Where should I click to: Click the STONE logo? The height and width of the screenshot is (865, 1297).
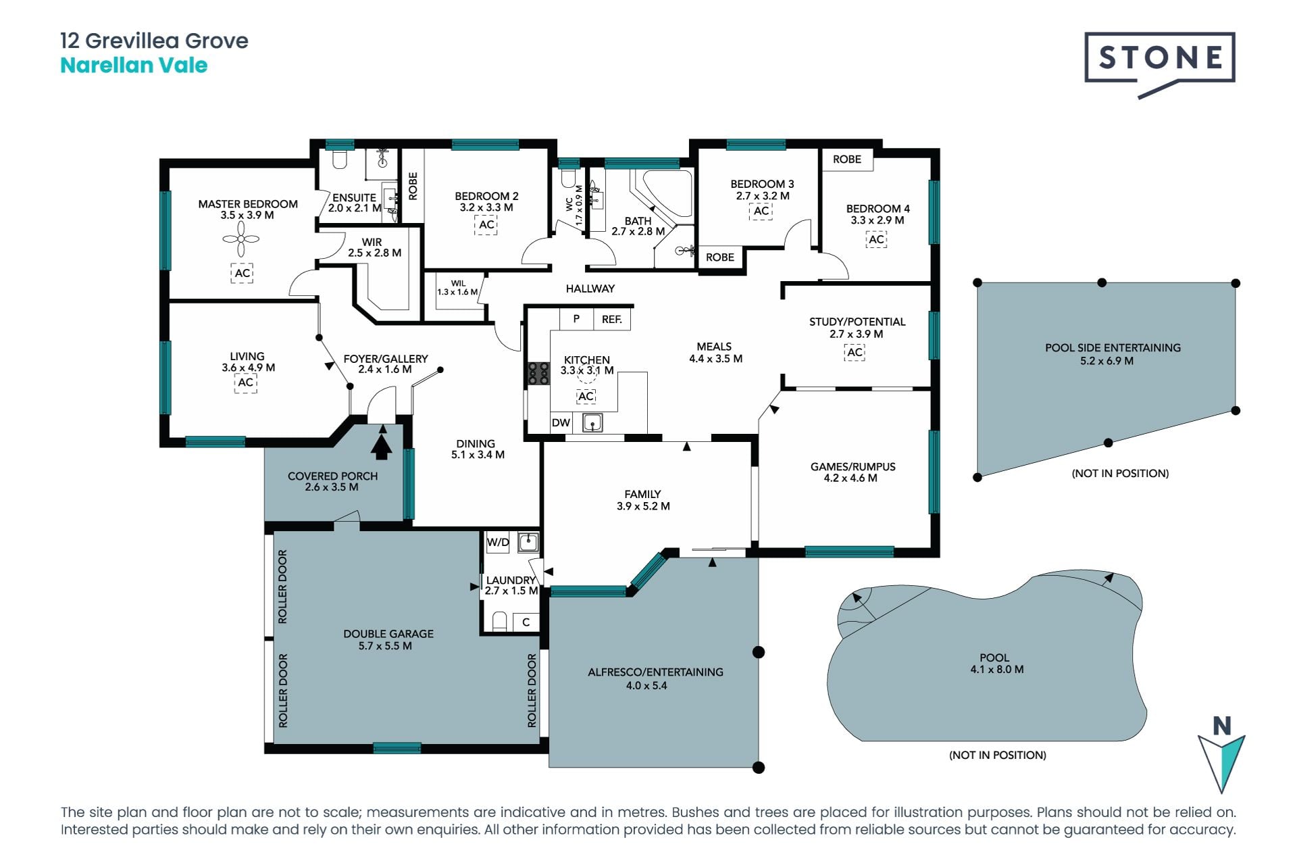[1160, 64]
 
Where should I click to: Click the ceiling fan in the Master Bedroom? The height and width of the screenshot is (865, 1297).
[241, 239]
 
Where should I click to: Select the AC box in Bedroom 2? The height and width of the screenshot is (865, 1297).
[486, 225]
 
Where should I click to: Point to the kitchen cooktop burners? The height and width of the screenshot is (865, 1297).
[538, 374]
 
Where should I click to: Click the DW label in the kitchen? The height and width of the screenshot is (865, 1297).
[561, 423]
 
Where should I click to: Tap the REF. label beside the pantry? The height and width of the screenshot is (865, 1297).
[612, 320]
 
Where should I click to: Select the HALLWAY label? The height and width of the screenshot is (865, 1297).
[590, 289]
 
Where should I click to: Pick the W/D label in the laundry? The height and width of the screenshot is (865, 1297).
[498, 542]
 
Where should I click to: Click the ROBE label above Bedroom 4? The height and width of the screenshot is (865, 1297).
[847, 159]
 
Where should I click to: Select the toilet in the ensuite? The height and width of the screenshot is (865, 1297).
[340, 159]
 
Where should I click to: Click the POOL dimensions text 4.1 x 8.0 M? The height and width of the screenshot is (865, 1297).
[997, 670]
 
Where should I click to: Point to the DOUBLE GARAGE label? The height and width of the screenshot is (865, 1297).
[388, 634]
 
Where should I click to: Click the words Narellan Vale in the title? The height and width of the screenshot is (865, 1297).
[134, 66]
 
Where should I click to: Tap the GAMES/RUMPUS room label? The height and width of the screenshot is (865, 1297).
[853, 467]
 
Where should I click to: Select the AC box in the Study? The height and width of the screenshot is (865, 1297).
[855, 352]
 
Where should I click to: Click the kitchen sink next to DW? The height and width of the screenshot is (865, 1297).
[592, 423]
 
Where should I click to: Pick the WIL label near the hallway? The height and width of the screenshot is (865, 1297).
[458, 284]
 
